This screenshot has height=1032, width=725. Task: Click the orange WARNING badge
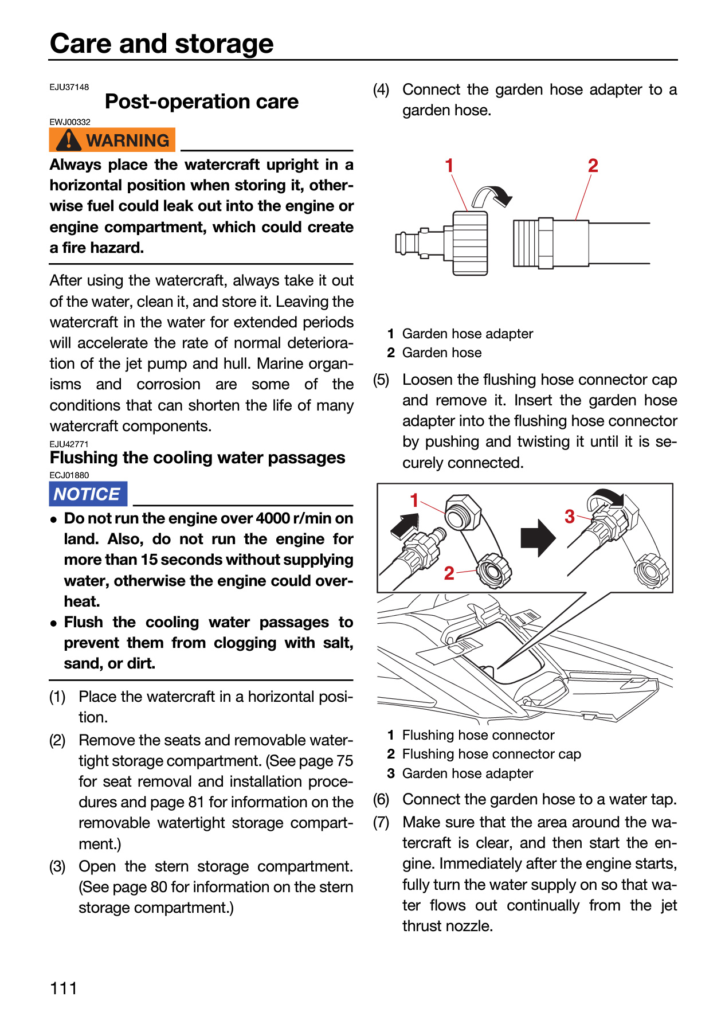click(x=112, y=140)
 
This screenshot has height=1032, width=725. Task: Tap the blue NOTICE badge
click(x=88, y=494)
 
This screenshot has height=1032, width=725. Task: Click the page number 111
click(x=64, y=988)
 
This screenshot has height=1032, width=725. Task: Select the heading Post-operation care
click(x=202, y=101)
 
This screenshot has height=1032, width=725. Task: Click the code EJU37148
click(x=69, y=87)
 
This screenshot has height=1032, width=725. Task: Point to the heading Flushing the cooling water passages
click(x=197, y=458)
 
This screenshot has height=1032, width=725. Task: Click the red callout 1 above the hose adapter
click(x=449, y=165)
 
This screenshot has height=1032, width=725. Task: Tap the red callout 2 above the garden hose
click(x=593, y=165)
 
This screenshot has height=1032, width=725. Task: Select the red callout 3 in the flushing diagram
click(x=569, y=516)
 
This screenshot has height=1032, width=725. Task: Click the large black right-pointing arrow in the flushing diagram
click(x=538, y=538)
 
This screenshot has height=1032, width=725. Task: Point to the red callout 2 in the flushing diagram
click(x=449, y=573)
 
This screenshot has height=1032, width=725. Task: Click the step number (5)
click(x=381, y=380)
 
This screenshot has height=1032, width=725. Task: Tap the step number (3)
click(x=57, y=866)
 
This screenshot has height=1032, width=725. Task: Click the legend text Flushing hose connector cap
click(x=492, y=754)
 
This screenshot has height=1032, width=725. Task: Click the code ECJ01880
click(x=69, y=475)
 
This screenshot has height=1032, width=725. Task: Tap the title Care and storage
click(x=162, y=44)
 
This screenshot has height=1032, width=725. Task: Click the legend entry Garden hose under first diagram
click(x=442, y=353)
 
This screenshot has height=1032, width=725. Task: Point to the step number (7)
click(x=381, y=822)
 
